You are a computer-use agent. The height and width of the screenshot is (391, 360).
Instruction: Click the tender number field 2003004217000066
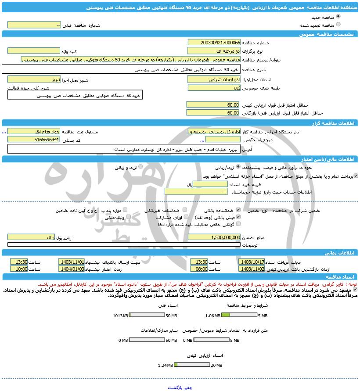click(x=214, y=43)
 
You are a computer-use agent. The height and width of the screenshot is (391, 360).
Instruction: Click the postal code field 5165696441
click(x=33, y=140)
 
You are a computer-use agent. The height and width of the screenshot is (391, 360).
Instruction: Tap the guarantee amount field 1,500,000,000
click(x=214, y=237)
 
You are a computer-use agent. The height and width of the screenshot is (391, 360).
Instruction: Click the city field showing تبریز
click(x=33, y=79)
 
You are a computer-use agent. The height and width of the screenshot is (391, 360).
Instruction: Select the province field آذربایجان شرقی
click(x=214, y=79)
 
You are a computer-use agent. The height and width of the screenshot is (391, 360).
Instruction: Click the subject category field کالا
click(x=214, y=88)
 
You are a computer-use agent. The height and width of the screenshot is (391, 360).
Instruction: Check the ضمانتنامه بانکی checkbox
click(x=238, y=210)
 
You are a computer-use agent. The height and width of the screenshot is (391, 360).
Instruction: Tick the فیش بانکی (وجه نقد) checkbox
click(x=238, y=217)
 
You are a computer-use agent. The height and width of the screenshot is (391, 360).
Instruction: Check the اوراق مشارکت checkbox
click(x=187, y=217)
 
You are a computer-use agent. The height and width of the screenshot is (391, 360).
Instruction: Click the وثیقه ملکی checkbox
click(x=125, y=217)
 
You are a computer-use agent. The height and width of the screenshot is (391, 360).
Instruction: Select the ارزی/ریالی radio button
click(x=238, y=167)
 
